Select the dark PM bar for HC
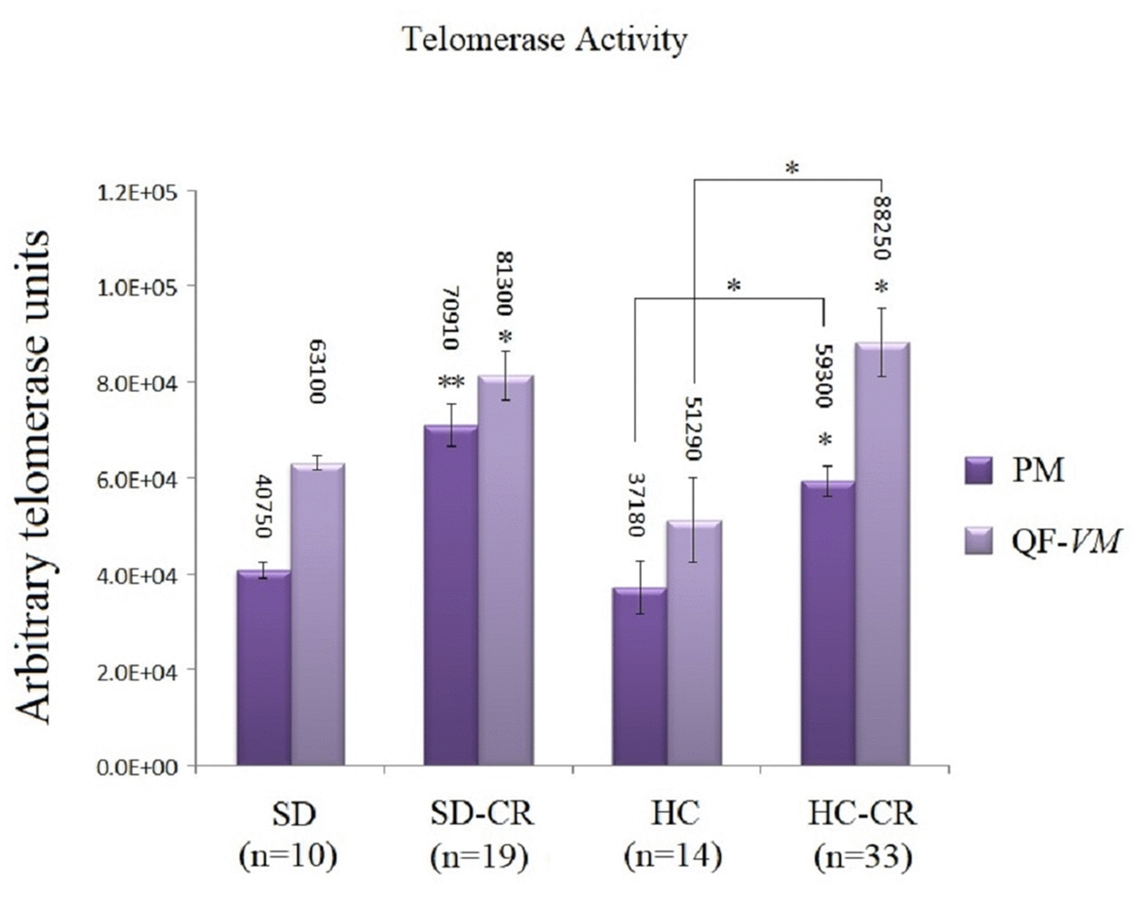(x=639, y=676)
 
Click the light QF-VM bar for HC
(x=693, y=642)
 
